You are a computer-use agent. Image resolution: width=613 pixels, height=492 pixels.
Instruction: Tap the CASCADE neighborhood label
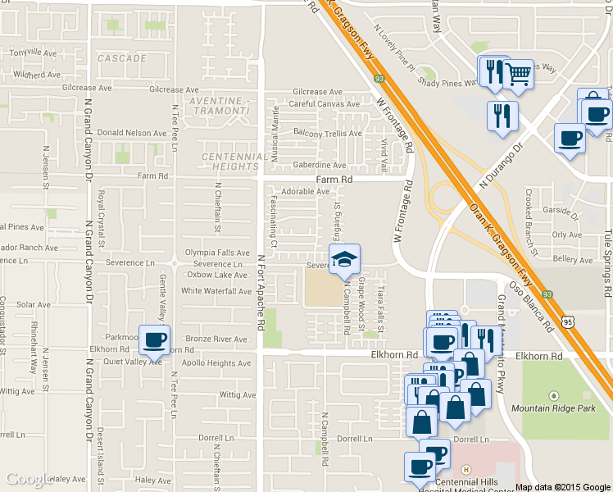point(121,59)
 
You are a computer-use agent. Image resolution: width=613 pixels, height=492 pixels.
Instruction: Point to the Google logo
point(30,479)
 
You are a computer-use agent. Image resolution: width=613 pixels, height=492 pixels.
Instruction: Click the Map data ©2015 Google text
point(563,487)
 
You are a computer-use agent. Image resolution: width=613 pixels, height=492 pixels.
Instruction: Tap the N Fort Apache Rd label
point(261,291)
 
